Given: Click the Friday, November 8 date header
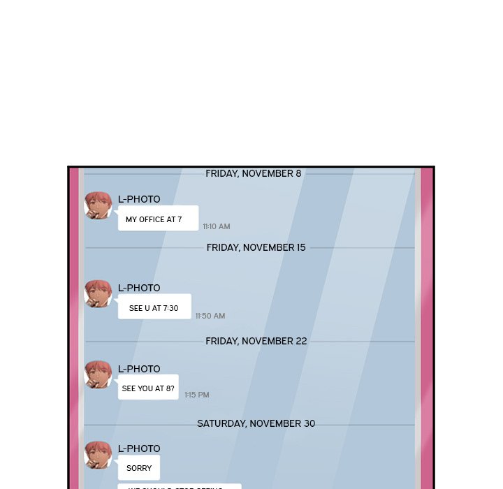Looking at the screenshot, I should pyautogui.click(x=253, y=173).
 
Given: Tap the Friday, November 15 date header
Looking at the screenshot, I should pyautogui.click(x=256, y=247).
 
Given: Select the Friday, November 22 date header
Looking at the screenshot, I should pyautogui.click(x=256, y=341).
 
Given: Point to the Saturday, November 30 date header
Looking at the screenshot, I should pyautogui.click(x=256, y=423).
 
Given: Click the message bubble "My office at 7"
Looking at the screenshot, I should pyautogui.click(x=158, y=219).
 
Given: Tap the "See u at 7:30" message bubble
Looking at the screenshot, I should pyautogui.click(x=154, y=307).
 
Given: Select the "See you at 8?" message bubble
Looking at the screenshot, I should pyautogui.click(x=148, y=388).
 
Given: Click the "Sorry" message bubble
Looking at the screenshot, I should pyautogui.click(x=139, y=467).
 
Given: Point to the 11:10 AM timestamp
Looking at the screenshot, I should pyautogui.click(x=217, y=226).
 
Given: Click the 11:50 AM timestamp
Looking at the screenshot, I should pyautogui.click(x=210, y=316).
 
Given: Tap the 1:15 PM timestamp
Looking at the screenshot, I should pyautogui.click(x=197, y=395).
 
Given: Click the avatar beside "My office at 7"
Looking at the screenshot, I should pyautogui.click(x=98, y=205).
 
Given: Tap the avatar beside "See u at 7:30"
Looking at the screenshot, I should pyautogui.click(x=98, y=294).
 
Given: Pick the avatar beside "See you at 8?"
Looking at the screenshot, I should pyautogui.click(x=98, y=375).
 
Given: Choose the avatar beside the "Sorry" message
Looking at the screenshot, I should pyautogui.click(x=98, y=455).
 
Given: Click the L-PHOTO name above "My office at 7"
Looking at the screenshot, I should pyautogui.click(x=139, y=199).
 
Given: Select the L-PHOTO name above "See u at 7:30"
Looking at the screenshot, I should pyautogui.click(x=139, y=288).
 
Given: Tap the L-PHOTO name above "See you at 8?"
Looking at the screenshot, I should pyautogui.click(x=139, y=369).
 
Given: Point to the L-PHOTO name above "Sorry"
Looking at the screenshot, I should pyautogui.click(x=139, y=448).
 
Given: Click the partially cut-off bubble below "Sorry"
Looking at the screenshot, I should pyautogui.click(x=180, y=486).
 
